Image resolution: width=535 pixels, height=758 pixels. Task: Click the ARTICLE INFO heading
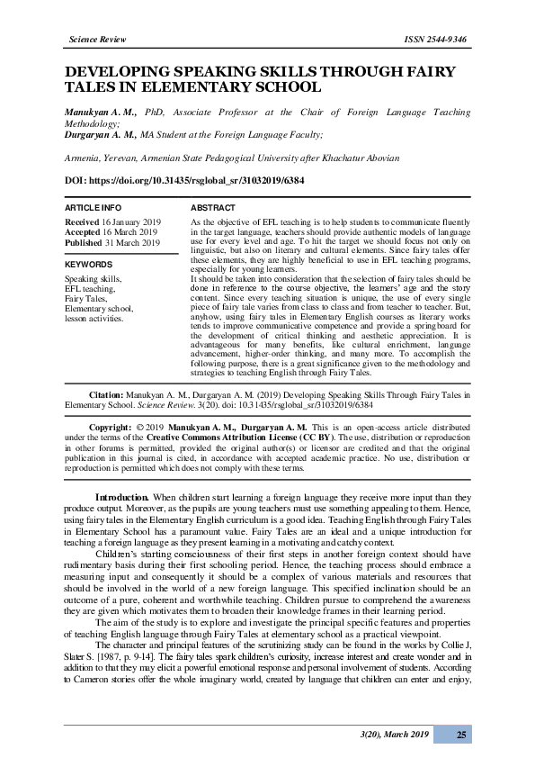click(x=94, y=208)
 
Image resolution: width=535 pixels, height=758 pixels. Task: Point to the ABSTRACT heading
click(x=214, y=208)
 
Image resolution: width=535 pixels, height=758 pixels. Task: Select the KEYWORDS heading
click(x=88, y=266)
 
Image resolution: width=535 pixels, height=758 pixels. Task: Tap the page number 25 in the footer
click(x=461, y=735)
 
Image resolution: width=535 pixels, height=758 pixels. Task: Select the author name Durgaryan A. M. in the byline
click(x=101, y=133)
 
